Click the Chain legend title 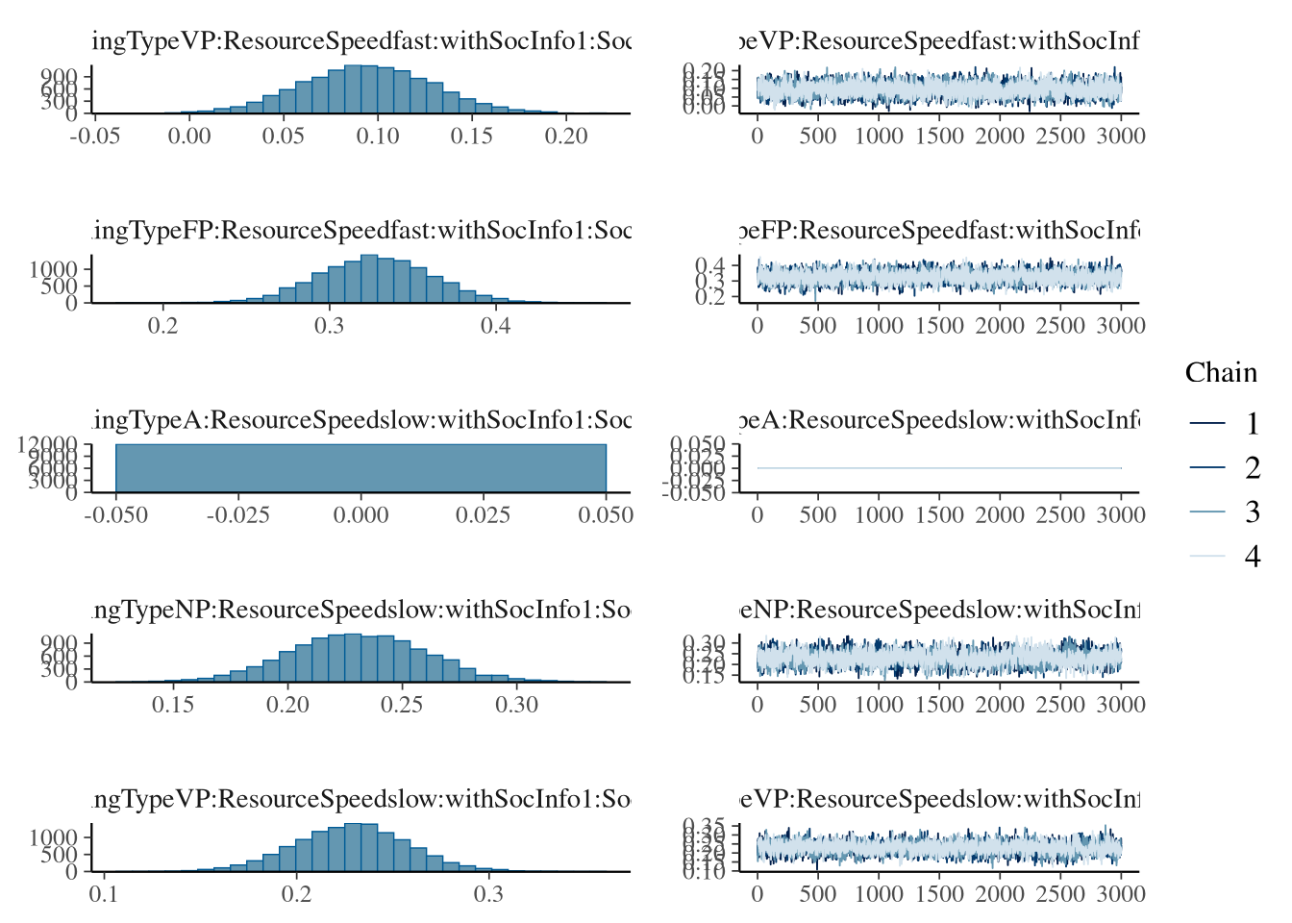[x=1220, y=373]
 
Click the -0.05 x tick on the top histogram [x=94, y=136]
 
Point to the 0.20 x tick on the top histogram [x=565, y=136]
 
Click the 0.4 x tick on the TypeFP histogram [x=495, y=325]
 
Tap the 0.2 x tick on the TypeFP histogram [x=163, y=325]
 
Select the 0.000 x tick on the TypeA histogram [x=360, y=514]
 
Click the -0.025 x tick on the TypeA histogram [x=237, y=514]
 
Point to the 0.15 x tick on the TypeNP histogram [x=173, y=704]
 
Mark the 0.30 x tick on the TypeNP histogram [x=516, y=704]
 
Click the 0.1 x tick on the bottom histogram [x=104, y=893]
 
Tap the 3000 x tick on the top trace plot [x=1121, y=136]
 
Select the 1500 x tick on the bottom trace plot [x=939, y=893]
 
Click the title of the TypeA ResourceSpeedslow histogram [x=361, y=420]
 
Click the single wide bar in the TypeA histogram [x=360, y=468]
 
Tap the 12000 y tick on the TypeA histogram [x=48, y=444]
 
